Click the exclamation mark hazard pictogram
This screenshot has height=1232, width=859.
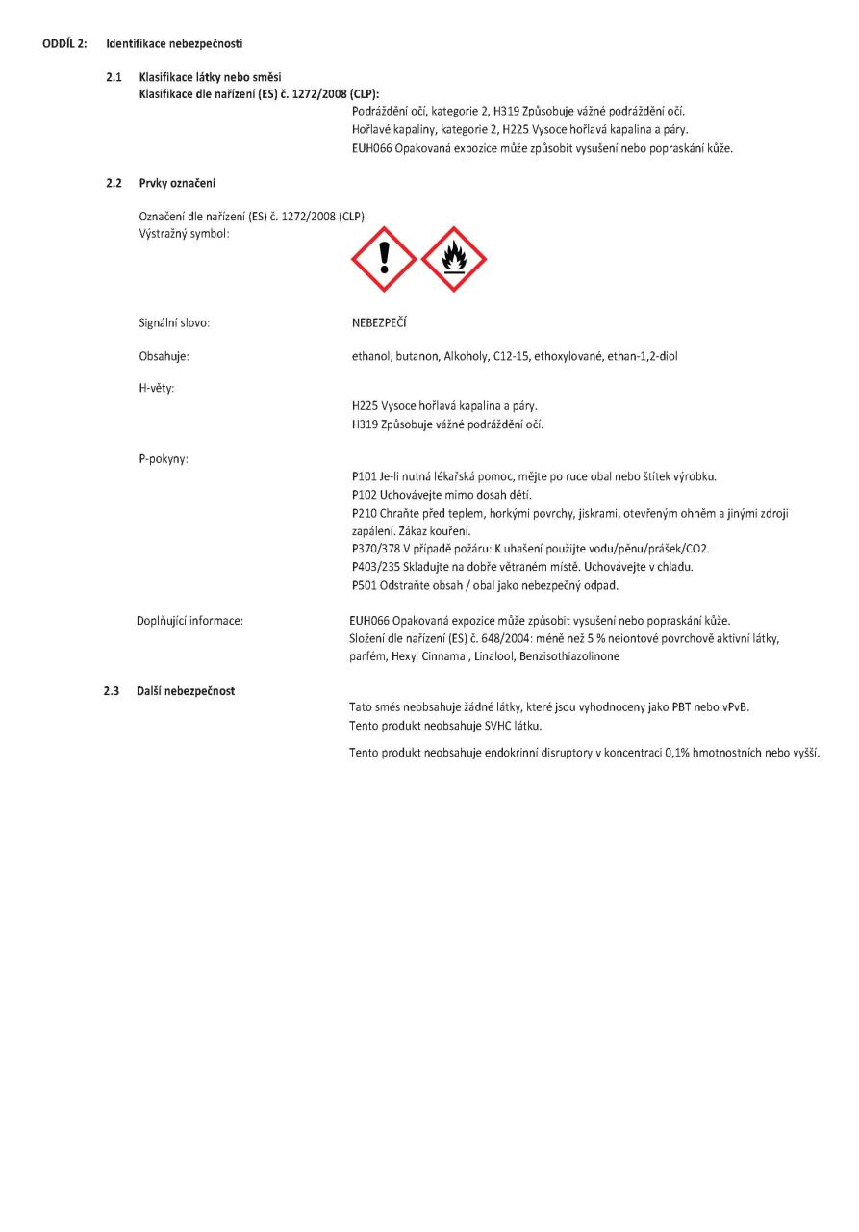point(384,259)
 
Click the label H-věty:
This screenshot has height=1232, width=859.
point(160,388)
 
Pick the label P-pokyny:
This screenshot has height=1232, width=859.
point(164,458)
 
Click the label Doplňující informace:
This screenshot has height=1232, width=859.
point(189,620)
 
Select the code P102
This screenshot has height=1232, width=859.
point(365,493)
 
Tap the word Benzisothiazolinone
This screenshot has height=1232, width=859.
point(572,655)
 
